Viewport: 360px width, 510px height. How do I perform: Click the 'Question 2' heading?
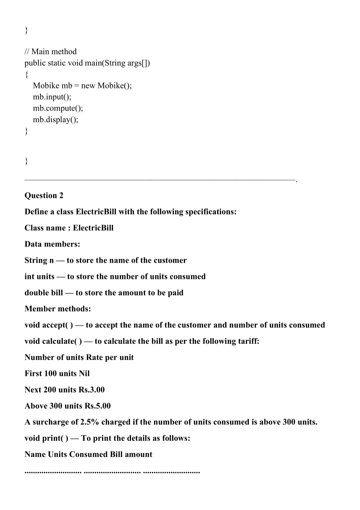coord(44,195)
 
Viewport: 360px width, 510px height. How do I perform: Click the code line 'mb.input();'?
coord(52,97)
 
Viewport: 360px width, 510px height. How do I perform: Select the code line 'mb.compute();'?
coord(58,108)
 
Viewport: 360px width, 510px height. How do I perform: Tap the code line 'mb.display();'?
coord(56,119)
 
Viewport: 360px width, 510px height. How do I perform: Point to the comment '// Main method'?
coord(51,52)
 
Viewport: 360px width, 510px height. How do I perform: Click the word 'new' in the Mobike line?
coord(88,86)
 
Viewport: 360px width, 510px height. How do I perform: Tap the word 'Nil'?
coord(84,374)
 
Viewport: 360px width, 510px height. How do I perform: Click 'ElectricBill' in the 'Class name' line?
coord(93,228)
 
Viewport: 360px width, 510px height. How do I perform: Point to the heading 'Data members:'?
coord(52,244)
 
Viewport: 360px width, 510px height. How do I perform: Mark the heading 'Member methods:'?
coord(58,309)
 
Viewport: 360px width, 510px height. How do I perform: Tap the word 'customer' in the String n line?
coord(170,260)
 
